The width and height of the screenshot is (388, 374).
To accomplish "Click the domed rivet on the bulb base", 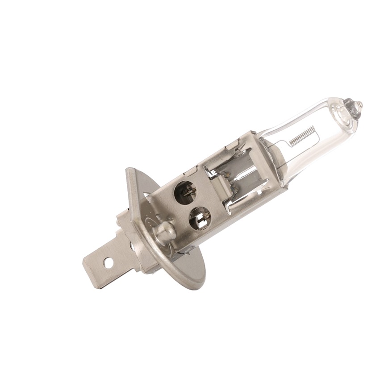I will point(163,231).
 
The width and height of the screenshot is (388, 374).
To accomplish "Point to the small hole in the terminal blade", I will point(108,262).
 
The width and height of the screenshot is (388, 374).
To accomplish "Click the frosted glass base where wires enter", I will point(275,152).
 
